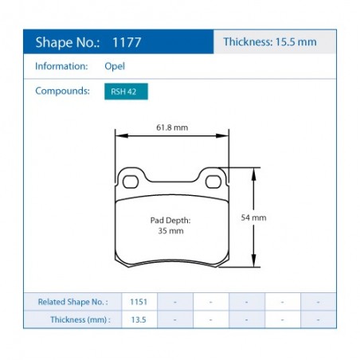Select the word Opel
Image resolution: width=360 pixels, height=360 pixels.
coord(115,68)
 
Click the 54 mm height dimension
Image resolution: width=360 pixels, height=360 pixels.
coord(254,217)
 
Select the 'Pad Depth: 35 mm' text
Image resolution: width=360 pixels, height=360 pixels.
coord(170,225)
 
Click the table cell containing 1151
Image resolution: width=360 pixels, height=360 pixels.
coord(139,302)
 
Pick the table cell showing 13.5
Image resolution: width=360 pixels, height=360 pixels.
coord(139,319)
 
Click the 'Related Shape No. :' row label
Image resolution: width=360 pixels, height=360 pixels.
coord(72,302)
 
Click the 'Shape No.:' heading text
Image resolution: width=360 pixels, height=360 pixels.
coord(67,42)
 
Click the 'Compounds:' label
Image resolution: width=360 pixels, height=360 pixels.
coord(61,91)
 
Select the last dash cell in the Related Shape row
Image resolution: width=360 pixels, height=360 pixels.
coord(318,302)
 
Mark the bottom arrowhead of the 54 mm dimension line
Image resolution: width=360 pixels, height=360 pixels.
coord(254,264)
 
